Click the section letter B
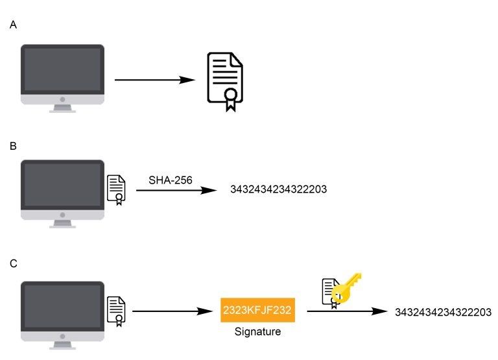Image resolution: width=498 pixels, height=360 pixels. point(14,147)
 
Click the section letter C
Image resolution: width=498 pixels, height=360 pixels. point(14,264)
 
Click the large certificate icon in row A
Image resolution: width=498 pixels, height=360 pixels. point(225,82)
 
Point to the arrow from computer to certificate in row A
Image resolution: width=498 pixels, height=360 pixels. point(154,80)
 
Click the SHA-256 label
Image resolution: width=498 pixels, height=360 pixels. point(171,180)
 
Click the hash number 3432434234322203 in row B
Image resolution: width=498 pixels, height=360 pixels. point(278,190)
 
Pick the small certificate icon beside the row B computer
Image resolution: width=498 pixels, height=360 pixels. point(116,189)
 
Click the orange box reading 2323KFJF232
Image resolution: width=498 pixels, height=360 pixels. point(258,311)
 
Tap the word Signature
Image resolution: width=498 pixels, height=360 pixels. point(258,332)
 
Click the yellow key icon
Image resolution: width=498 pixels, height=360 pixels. point(346,289)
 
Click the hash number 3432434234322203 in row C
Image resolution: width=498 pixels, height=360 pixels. point(443,313)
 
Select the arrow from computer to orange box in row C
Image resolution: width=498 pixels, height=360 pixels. point(173,311)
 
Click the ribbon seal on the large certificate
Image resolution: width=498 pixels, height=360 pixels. point(230,99)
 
